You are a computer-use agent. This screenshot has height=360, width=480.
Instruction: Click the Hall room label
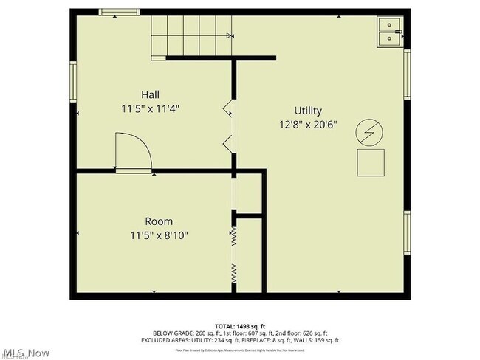tap(151, 94)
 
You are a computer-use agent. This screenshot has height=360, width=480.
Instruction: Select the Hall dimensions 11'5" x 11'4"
tap(151, 108)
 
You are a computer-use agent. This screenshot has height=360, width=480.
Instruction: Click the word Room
tap(158, 221)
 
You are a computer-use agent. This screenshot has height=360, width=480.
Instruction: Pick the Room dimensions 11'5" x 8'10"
tap(159, 236)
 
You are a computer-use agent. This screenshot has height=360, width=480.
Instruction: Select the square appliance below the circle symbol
tap(371, 162)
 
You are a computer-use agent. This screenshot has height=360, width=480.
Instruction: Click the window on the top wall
tap(119, 12)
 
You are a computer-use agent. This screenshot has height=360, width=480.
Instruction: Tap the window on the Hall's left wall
tap(73, 80)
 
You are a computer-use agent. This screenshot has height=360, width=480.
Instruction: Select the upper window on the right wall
tap(406, 75)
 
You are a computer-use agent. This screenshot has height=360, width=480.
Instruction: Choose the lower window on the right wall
tap(406, 233)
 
